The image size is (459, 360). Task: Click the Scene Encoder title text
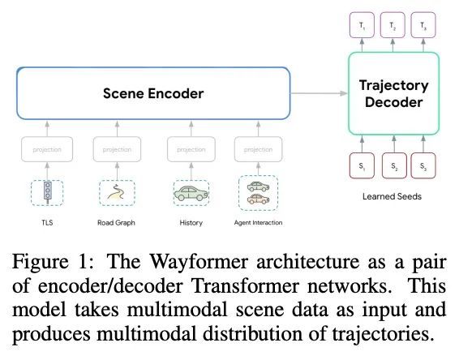point(153,94)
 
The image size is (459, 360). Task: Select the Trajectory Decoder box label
point(394,94)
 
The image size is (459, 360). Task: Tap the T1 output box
point(362,25)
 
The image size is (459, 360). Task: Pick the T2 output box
point(393,25)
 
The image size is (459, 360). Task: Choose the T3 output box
point(423,25)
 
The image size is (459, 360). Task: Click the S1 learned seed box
point(362,165)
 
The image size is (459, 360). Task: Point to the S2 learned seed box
point(394,165)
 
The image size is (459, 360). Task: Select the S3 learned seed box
point(423,165)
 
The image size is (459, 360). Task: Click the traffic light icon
point(47,192)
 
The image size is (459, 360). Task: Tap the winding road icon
point(116,192)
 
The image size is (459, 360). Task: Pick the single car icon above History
point(191,193)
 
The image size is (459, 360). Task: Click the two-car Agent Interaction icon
point(258,193)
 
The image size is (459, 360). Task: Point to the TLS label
point(47,223)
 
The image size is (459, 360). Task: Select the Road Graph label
point(116,223)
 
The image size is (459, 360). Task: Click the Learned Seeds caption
point(392,196)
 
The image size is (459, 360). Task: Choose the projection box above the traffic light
point(47,149)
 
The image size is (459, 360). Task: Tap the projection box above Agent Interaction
point(258,149)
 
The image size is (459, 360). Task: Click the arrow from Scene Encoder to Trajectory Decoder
point(319,93)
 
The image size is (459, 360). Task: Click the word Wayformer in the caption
point(199,261)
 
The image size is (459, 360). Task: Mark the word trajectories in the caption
point(383,334)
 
